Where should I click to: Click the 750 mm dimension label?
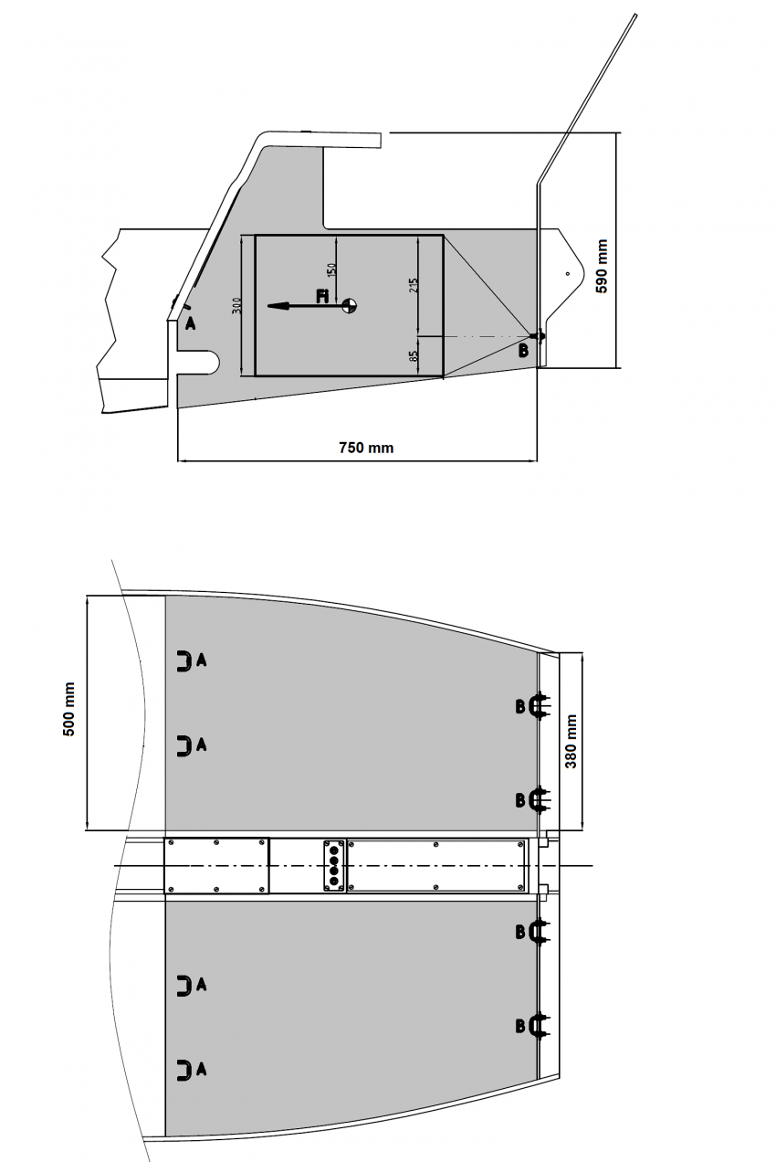pyautogui.click(x=366, y=448)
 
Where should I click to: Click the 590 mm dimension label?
pyautogui.click(x=602, y=266)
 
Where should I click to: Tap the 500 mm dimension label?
pyautogui.click(x=68, y=709)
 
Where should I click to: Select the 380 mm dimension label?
pyautogui.click(x=571, y=741)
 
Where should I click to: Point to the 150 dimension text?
pyautogui.click(x=332, y=269)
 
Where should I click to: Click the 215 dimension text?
pyautogui.click(x=414, y=285)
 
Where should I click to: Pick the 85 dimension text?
pyautogui.click(x=414, y=356)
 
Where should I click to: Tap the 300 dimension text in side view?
pyautogui.click(x=236, y=305)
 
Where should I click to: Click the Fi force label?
pyautogui.click(x=322, y=297)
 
